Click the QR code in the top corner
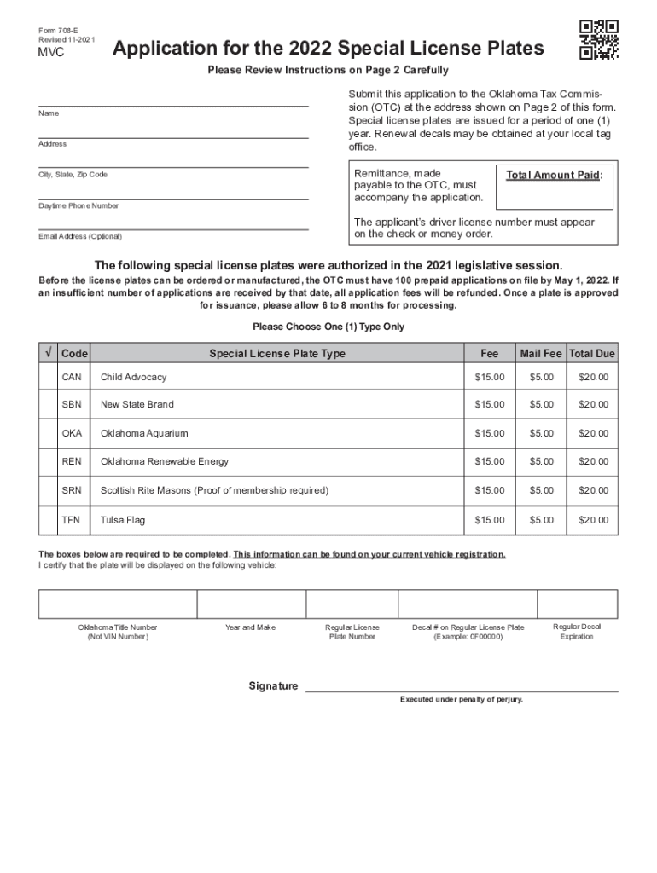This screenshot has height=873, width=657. tap(598, 39)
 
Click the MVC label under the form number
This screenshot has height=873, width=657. tap(49, 53)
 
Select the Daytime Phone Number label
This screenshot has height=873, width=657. tap(78, 206)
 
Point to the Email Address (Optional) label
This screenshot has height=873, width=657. tap(80, 236)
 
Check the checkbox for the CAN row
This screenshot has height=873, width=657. tap(47, 377)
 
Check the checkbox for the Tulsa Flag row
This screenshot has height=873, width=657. tap(47, 520)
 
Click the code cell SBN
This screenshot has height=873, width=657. tap(73, 405)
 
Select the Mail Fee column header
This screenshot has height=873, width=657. tap(541, 353)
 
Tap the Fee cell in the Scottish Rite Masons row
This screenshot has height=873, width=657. tap(490, 491)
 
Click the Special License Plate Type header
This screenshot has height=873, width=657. tap(277, 353)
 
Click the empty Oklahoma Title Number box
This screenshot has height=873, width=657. tap(118, 604)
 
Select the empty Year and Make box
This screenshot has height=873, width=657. tap(250, 604)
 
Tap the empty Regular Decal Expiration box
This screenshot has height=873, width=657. tap(577, 604)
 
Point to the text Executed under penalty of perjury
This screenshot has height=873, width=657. tap(462, 700)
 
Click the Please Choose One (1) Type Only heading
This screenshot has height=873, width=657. tap(328, 327)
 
